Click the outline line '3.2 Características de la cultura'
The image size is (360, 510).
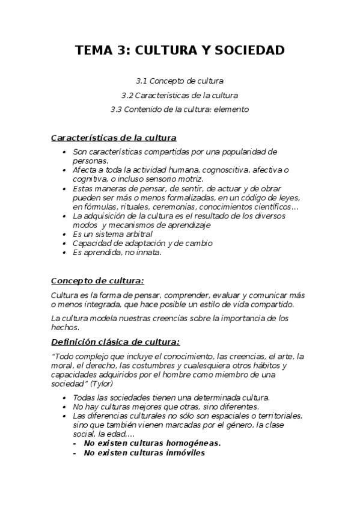click(179, 95)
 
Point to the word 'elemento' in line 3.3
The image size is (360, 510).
click(232, 109)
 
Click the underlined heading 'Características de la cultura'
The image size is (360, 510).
click(114, 138)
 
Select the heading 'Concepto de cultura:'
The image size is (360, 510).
click(97, 281)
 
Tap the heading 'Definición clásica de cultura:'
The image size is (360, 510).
click(115, 342)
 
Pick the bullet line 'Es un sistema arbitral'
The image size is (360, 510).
click(112, 234)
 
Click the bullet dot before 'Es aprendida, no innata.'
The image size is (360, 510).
click(64, 252)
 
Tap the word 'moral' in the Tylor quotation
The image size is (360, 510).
click(62, 366)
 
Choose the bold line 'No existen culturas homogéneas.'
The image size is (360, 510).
click(152, 443)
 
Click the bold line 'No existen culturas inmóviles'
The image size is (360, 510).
click(144, 453)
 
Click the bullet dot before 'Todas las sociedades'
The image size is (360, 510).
click(64, 398)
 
